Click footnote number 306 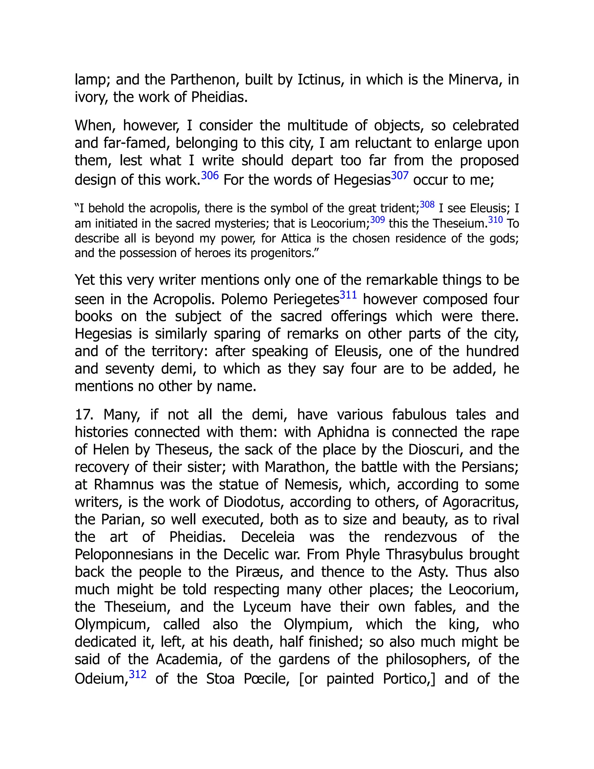point(210,175)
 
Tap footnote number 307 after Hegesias point(399,175)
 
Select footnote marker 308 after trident point(427,205)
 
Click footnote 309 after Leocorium point(377,220)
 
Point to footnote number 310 point(495,220)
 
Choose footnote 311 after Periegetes point(348,295)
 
